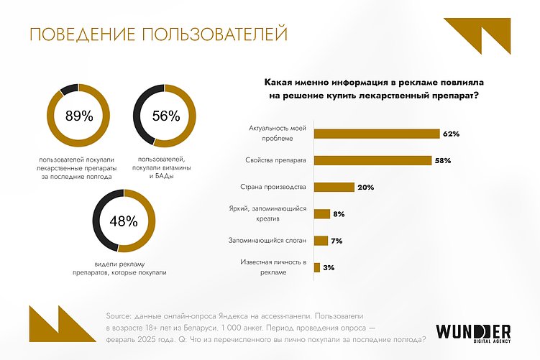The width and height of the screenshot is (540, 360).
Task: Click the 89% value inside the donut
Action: click(x=79, y=116)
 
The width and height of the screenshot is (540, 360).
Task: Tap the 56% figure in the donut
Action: click(x=165, y=116)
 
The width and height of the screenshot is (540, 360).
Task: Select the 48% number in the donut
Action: click(x=123, y=221)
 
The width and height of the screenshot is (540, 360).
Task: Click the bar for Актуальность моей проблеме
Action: click(x=377, y=134)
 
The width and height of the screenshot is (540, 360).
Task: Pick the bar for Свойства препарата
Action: click(x=373, y=160)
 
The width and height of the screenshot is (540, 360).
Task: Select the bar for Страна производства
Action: click(x=334, y=187)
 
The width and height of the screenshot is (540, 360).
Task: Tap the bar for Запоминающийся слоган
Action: click(x=321, y=241)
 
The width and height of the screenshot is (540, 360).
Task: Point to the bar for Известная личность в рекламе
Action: click(x=317, y=267)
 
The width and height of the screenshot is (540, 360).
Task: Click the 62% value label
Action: click(x=451, y=134)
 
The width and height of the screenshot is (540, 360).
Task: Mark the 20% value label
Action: click(x=365, y=187)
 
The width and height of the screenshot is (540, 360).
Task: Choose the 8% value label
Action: click(x=339, y=214)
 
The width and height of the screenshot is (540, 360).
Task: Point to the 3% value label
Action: click(x=329, y=267)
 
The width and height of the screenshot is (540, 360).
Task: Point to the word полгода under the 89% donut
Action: click(x=98, y=175)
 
